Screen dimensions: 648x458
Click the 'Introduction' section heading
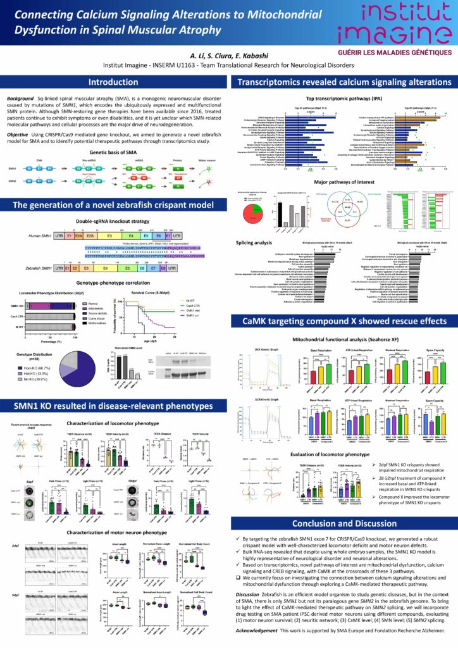pos(113,82)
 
